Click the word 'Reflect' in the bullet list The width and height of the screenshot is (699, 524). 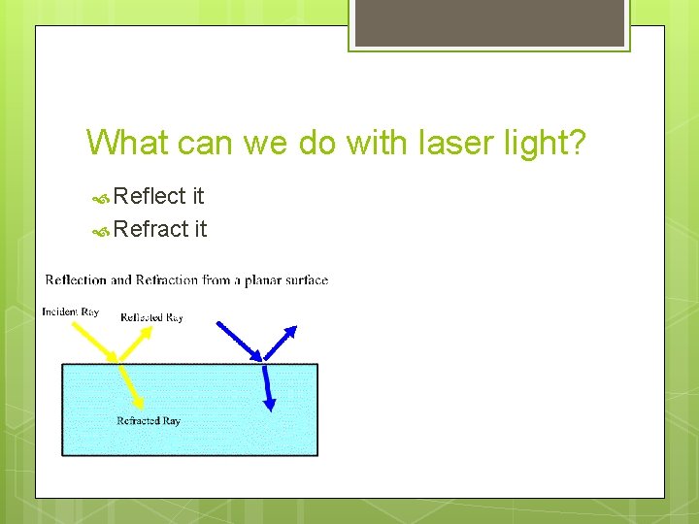tap(150, 196)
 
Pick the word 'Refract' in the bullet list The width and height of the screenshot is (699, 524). tap(150, 229)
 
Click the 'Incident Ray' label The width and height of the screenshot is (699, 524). tap(70, 311)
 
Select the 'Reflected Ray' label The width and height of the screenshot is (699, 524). tap(151, 317)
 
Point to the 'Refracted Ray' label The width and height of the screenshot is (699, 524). tap(148, 421)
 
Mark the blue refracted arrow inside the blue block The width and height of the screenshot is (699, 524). tap(268, 386)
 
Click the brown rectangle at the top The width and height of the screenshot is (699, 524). tap(488, 22)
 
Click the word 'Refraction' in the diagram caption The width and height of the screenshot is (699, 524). tap(167, 280)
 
